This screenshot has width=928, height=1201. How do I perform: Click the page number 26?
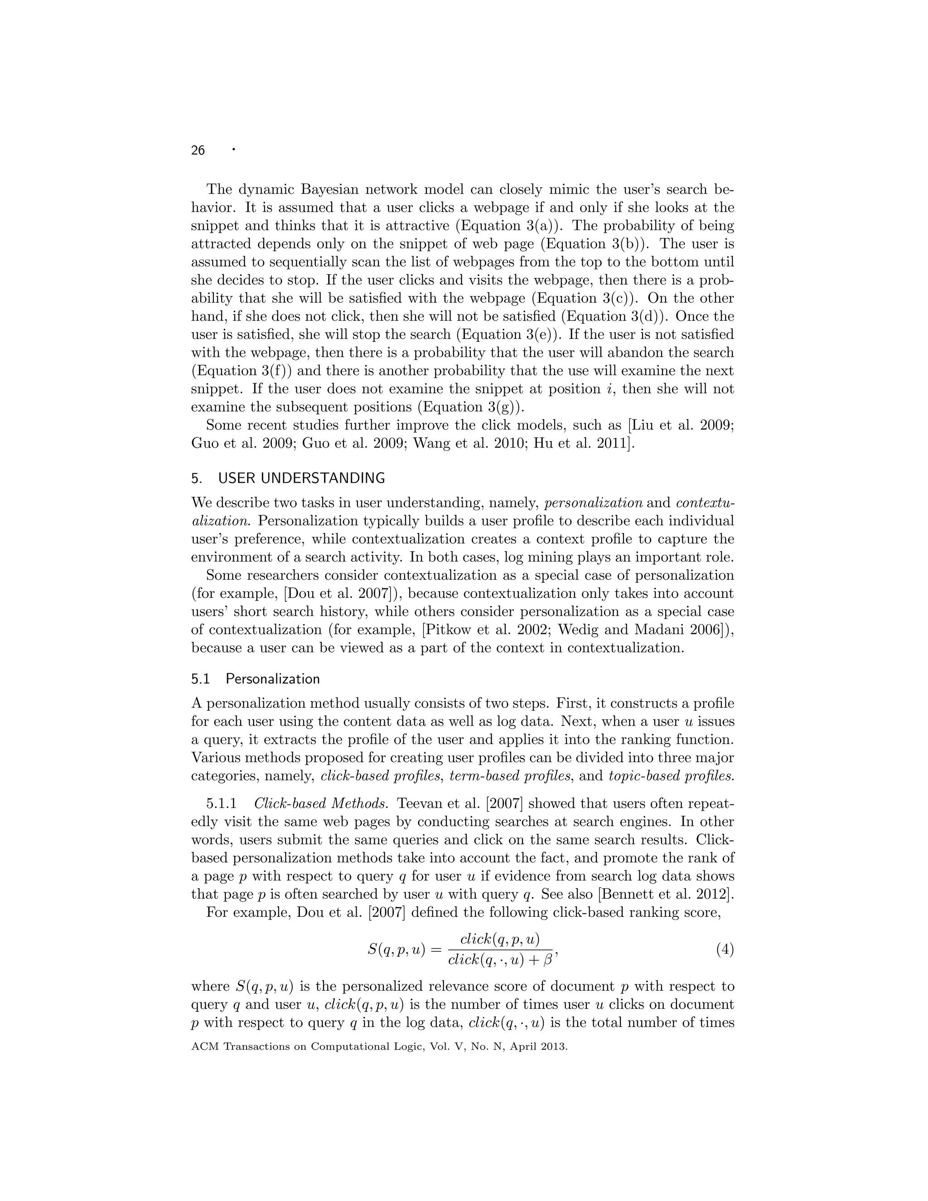point(198,150)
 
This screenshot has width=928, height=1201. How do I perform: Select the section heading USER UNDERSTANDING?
point(301,479)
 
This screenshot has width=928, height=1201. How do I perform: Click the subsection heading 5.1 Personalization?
point(256,679)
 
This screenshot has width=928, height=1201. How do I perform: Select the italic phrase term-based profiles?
point(511,776)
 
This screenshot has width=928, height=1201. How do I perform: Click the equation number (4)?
point(725,949)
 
